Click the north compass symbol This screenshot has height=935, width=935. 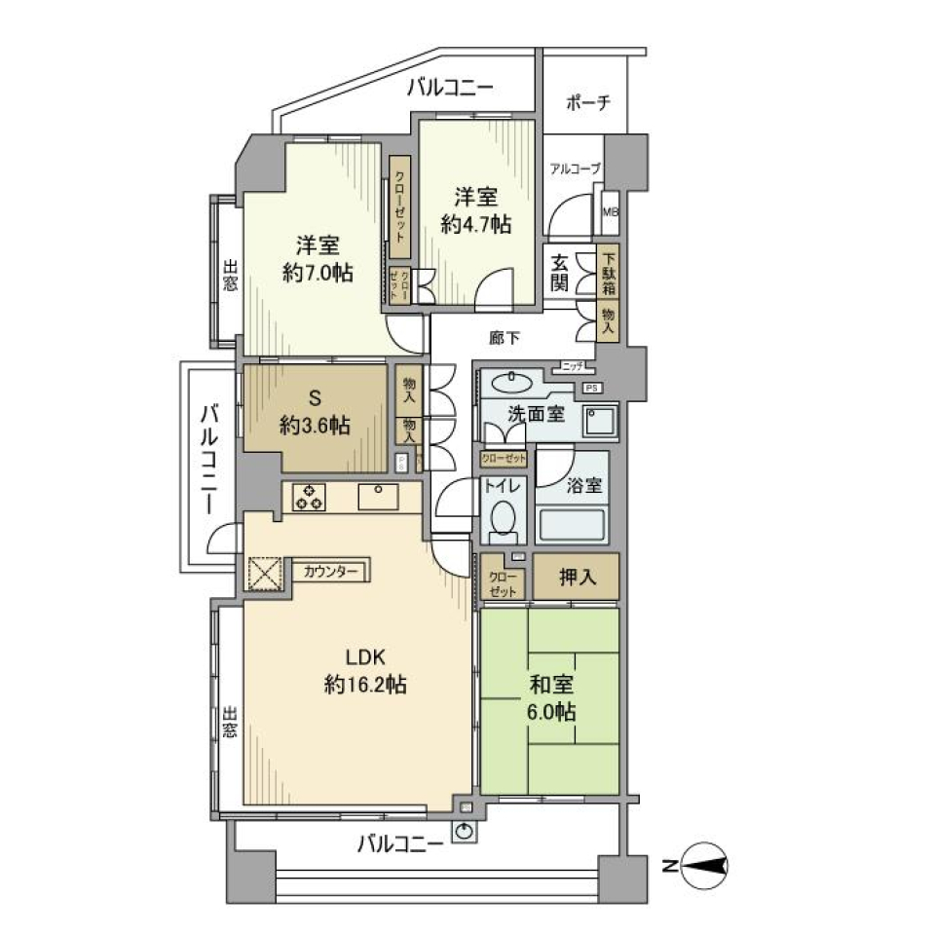pyautogui.click(x=704, y=864)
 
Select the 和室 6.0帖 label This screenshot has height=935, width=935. pyautogui.click(x=550, y=698)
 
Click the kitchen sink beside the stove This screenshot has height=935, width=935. pyautogui.click(x=377, y=496)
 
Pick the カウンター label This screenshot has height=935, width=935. pyautogui.click(x=330, y=572)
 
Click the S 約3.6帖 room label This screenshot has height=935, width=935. pyautogui.click(x=315, y=413)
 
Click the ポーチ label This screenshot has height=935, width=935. pyautogui.click(x=588, y=102)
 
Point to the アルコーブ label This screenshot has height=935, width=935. pyautogui.click(x=575, y=168)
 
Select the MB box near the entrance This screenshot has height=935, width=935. pyautogui.click(x=610, y=211)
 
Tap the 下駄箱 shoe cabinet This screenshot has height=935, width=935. pyautogui.click(x=608, y=272)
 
